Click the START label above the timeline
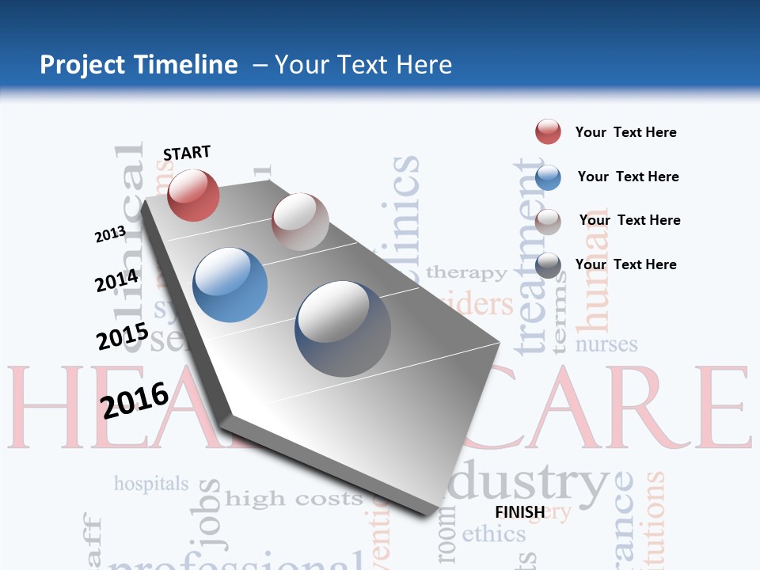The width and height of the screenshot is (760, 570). point(187,153)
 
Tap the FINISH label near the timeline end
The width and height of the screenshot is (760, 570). point(520,511)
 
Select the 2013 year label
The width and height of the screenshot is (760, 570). point(110,234)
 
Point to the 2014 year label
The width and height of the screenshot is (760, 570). point(116,281)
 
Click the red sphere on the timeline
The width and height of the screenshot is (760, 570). point(193,195)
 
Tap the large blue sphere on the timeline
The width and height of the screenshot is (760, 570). point(230,285)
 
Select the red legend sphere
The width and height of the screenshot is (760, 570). point(548,132)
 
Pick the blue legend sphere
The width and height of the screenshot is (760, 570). point(548,177)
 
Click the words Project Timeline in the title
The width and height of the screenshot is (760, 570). point(139,65)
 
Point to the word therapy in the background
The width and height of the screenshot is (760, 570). point(466,273)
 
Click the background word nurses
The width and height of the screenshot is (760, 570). point(606,344)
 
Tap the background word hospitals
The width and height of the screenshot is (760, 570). point(151,483)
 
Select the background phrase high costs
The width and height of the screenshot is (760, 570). point(293,499)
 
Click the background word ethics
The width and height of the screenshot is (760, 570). point(493,534)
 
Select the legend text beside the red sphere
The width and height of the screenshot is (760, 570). point(625,132)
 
